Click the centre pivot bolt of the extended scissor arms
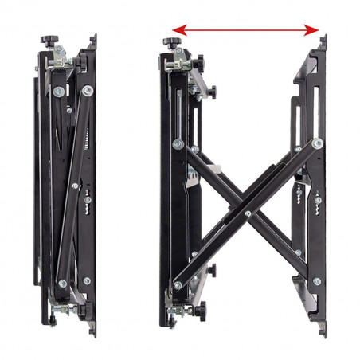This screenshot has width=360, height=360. tap(248, 213)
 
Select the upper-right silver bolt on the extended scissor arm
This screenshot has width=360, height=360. tap(317, 144)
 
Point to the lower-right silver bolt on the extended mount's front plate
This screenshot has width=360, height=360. tap(316, 280)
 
